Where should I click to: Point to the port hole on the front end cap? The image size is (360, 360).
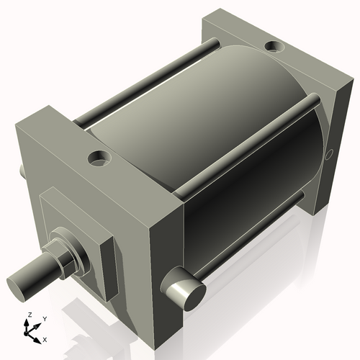96,156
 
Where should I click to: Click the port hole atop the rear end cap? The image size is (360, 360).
274,48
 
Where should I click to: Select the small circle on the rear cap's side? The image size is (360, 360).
330,153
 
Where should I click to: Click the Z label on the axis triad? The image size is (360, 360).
29,315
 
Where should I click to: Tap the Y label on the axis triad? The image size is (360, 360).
44,318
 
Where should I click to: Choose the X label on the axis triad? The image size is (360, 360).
45,338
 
